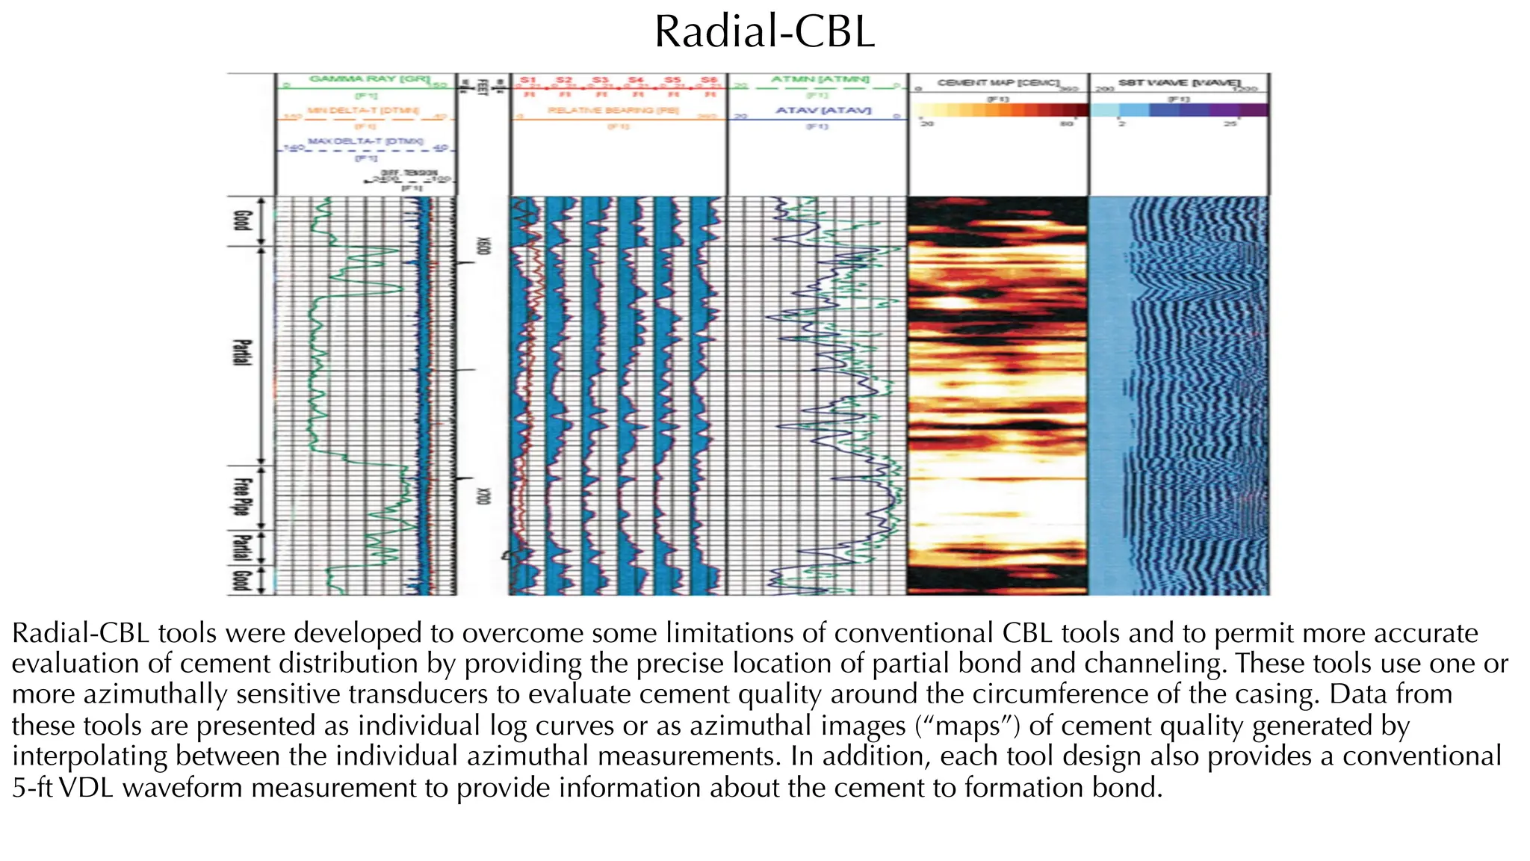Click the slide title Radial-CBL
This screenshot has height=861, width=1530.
[x=764, y=33]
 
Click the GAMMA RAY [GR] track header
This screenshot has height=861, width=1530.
[x=370, y=78]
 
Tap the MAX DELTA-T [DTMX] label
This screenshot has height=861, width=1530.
[x=365, y=141]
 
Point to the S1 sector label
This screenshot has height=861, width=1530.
[x=528, y=80]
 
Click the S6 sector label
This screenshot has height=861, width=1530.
[x=709, y=80]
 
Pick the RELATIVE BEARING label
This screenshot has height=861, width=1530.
[x=613, y=110]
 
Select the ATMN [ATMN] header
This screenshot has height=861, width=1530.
[x=820, y=78]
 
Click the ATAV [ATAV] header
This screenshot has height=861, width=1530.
[x=823, y=110]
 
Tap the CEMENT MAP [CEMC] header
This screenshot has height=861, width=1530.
[x=998, y=82]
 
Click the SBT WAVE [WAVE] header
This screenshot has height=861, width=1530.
[x=1179, y=82]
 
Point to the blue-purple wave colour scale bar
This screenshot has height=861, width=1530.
[x=1179, y=110]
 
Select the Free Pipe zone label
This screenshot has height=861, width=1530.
[x=241, y=496]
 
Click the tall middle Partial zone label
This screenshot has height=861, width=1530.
[x=241, y=353]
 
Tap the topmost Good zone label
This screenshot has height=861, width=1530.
[x=241, y=220]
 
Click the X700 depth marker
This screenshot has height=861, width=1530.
[x=483, y=496]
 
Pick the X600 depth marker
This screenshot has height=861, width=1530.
[x=483, y=245]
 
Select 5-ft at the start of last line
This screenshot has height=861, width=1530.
[x=31, y=788]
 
